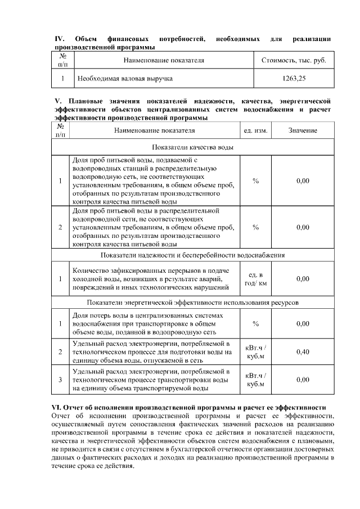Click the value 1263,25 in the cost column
click(294, 79)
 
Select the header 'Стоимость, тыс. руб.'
click(294, 60)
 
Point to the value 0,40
click(303, 352)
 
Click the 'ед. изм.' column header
click(255, 130)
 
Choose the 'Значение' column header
click(303, 130)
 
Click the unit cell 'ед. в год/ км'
click(255, 278)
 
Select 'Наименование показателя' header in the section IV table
click(163, 60)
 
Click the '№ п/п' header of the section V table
click(60, 130)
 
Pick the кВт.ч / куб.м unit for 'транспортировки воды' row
click(255, 380)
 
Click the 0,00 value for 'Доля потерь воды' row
click(303, 323)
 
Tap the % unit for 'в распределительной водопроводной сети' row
click(255, 227)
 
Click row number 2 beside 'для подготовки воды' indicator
click(60, 352)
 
